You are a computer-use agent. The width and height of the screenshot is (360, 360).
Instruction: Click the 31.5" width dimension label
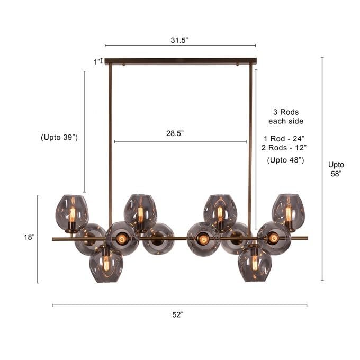coord(179,40)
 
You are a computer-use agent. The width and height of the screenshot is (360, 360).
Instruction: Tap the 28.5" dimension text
coord(175,133)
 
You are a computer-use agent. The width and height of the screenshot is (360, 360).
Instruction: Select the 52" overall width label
coord(178,315)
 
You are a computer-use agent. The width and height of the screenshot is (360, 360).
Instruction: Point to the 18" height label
coord(30,237)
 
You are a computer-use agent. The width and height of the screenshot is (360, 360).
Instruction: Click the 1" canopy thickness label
coord(97,62)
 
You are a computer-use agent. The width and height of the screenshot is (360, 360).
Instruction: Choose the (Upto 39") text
coord(59,137)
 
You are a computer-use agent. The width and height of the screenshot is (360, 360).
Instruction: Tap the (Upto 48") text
coord(285,160)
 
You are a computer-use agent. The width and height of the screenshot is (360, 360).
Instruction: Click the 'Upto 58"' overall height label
coord(336,169)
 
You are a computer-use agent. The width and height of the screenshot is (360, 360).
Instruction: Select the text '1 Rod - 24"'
coord(284,139)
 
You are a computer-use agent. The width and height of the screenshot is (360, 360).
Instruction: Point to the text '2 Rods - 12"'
coord(284,148)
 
